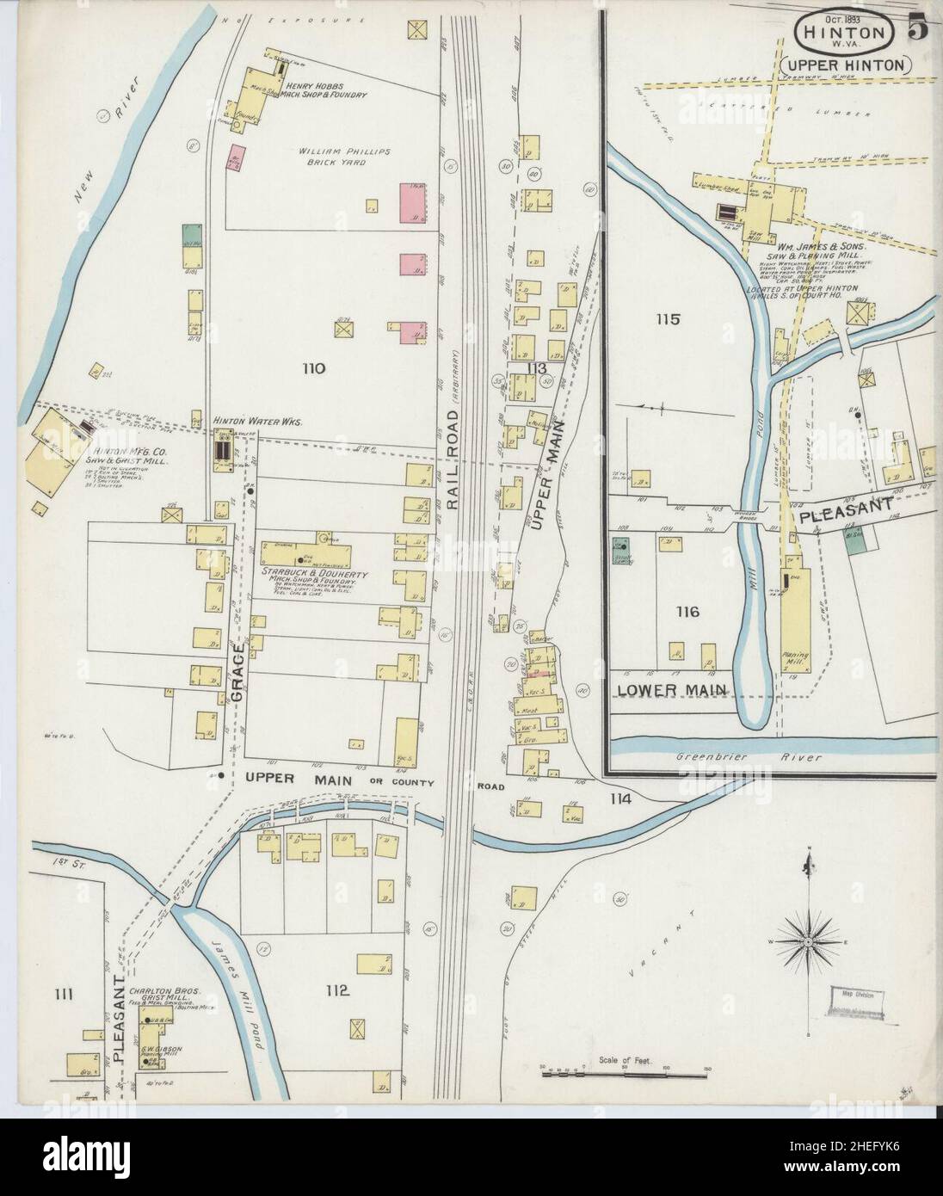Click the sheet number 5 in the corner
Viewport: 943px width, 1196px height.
point(916,28)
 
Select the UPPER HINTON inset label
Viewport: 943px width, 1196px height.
point(846,65)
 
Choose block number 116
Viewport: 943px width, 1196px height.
point(687,613)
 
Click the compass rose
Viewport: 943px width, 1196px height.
point(808,944)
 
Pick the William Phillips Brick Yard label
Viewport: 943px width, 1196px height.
point(344,156)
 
